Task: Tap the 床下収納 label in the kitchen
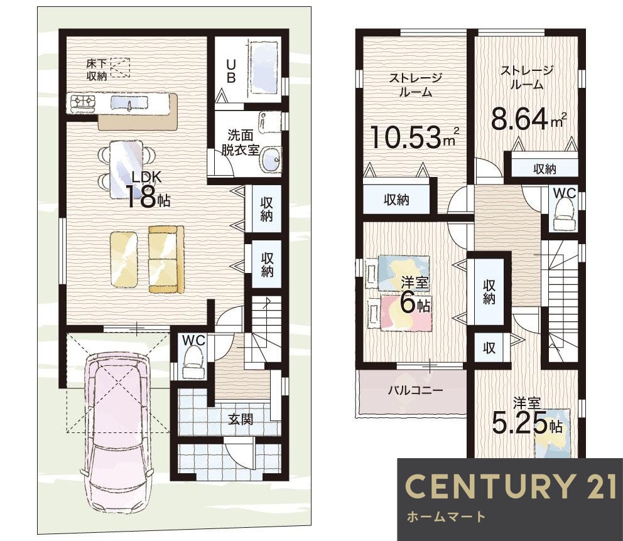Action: tap(97, 70)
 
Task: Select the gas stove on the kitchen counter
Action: tap(83, 102)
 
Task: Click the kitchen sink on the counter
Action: tap(129, 102)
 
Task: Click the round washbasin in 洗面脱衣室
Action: tap(271, 159)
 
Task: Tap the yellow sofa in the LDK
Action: tap(166, 259)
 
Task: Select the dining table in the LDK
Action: tap(126, 169)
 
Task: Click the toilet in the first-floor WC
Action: tap(193, 362)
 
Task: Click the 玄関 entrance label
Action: tap(241, 419)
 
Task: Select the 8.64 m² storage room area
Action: tap(529, 118)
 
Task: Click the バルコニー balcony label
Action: tap(415, 390)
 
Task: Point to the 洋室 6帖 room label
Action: tap(414, 294)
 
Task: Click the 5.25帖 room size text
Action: tap(527, 424)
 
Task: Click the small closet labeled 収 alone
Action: tap(489, 348)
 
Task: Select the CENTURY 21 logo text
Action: tap(511, 486)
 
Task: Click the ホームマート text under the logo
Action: tap(446, 517)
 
